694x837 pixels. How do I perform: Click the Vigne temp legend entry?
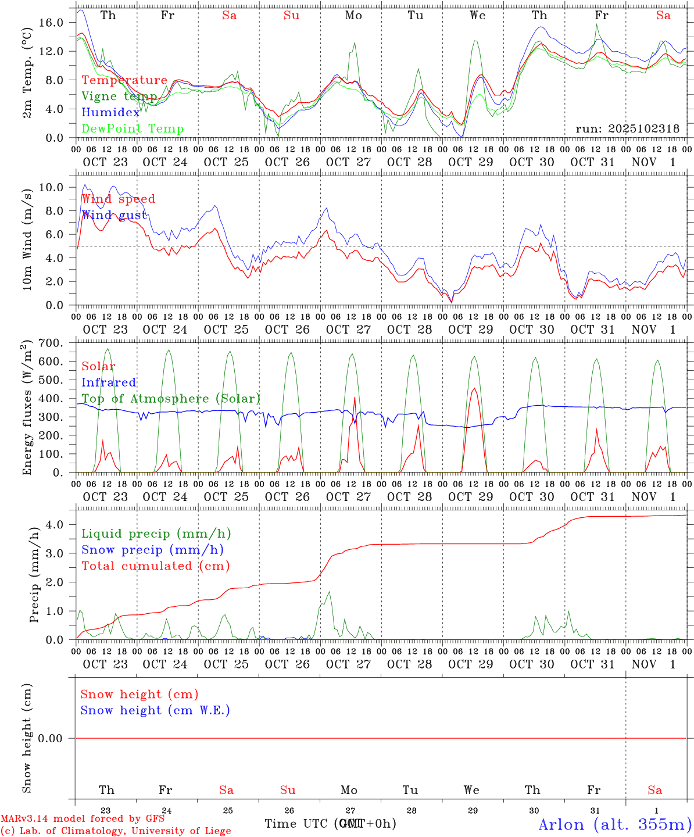coord(119,96)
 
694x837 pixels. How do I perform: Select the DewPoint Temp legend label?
coord(133,129)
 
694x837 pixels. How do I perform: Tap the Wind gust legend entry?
coord(114,215)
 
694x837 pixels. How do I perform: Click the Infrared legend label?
coord(109,382)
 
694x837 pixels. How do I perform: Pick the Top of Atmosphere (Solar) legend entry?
coord(170,399)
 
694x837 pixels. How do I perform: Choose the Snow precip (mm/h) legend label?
coord(152,550)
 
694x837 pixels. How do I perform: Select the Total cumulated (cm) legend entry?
coord(155,566)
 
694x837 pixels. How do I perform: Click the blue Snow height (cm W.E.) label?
coord(155,710)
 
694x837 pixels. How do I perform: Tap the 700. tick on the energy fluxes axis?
coord(50,343)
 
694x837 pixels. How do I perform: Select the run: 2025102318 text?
coord(627,129)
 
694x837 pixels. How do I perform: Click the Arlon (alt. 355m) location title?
coord(615,824)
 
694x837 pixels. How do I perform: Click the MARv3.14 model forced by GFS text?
coord(83,818)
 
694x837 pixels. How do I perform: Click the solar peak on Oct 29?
coord(474,388)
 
